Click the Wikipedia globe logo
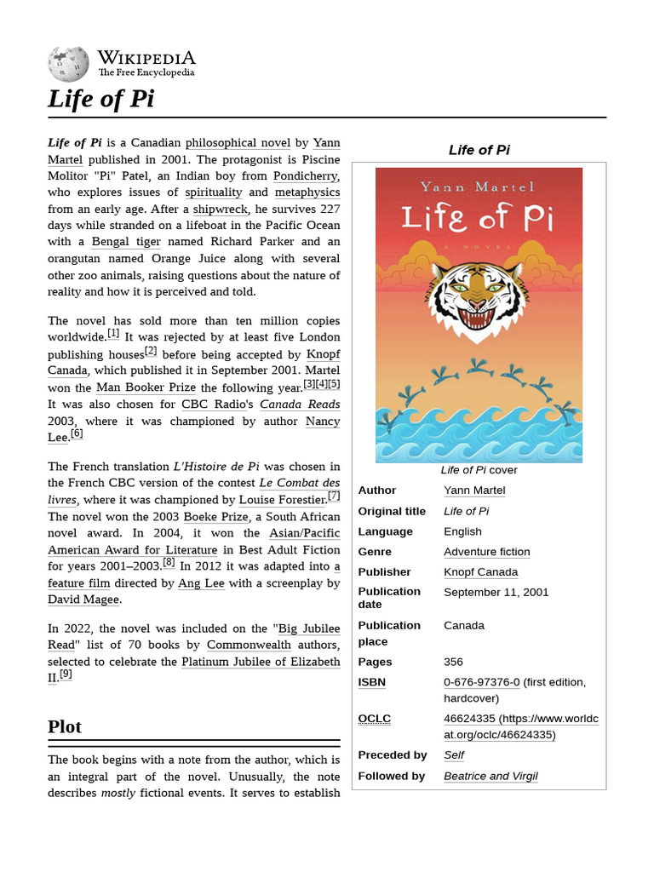tap(68, 63)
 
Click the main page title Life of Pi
tap(100, 99)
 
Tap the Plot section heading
tap(65, 726)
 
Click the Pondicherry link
tap(306, 176)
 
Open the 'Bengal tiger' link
tap(125, 243)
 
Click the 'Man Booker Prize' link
tap(146, 387)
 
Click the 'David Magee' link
tap(83, 599)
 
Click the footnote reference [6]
tap(77, 434)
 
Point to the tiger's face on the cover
tap(478, 295)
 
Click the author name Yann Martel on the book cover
tap(478, 186)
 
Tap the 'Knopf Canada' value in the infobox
tap(480, 572)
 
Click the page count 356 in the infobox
tap(454, 662)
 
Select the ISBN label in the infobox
tap(371, 682)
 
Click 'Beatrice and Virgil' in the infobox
tap(490, 776)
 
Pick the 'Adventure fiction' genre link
tap(486, 552)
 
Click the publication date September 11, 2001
tap(496, 592)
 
